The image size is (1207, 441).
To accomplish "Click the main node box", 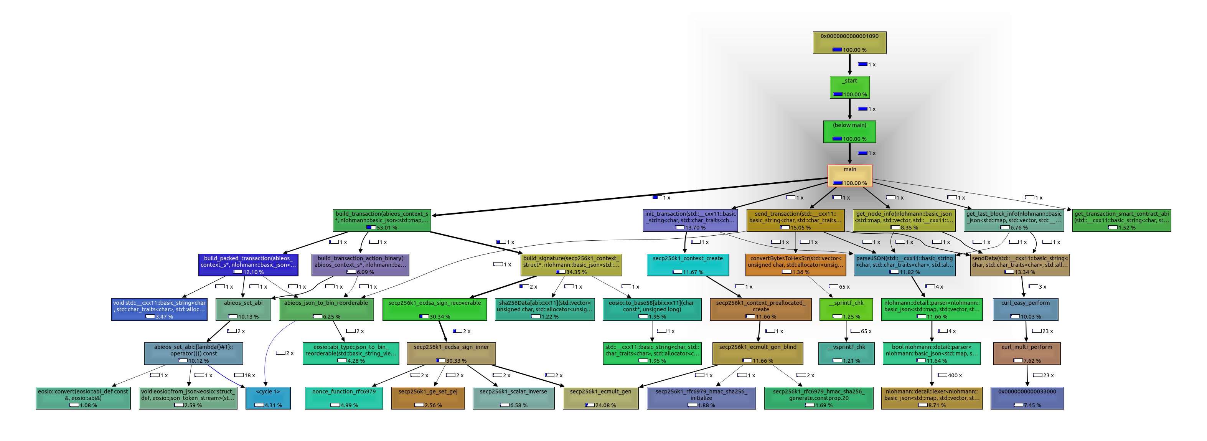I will (849, 176).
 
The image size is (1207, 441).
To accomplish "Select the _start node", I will (849, 87).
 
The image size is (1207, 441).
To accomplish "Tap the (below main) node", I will (849, 132).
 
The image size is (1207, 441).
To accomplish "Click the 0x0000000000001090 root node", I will (849, 43).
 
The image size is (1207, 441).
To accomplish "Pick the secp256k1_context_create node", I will (688, 265).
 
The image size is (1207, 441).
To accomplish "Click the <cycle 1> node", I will (267, 398).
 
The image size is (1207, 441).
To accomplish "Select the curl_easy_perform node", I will (1025, 309).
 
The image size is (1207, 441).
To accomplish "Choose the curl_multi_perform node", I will (1027, 353).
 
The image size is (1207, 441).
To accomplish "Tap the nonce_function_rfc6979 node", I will (344, 398).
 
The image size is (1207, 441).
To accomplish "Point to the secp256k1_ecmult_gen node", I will (600, 398).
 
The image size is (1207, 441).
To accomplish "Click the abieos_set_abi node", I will (243, 309).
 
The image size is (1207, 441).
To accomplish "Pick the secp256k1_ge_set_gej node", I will (428, 398).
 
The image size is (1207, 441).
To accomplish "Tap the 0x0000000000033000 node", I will (1027, 398).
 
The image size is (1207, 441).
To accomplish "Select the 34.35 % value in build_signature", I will (576, 272).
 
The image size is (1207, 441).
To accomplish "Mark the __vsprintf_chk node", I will (846, 353).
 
